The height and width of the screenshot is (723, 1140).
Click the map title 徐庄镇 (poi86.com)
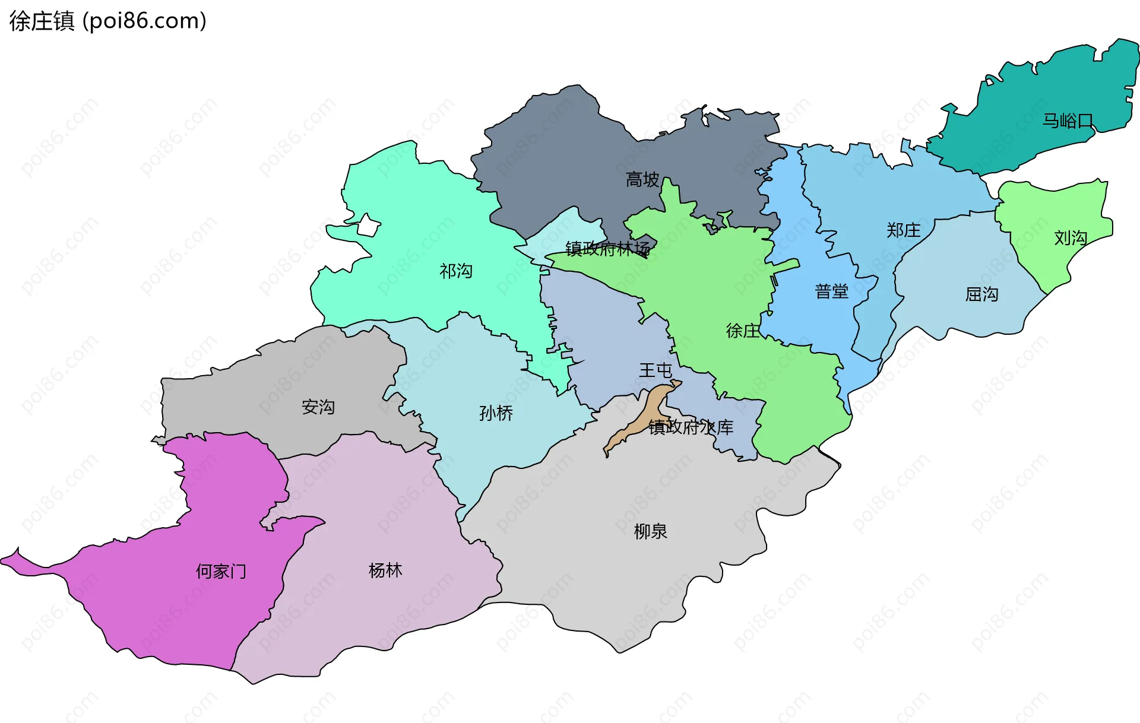tap(107, 21)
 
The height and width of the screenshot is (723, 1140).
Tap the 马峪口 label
tap(1068, 121)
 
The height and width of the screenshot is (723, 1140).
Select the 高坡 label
tap(642, 179)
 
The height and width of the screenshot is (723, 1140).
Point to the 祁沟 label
tap(456, 271)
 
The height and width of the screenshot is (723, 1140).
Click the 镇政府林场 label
tap(607, 249)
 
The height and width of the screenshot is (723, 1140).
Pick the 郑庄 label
tap(903, 230)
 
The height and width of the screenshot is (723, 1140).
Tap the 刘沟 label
tap(1071, 238)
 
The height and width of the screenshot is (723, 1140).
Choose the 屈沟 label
tap(981, 294)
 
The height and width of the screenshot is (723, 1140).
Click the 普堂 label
tap(831, 291)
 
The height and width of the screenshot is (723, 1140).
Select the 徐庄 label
tap(743, 331)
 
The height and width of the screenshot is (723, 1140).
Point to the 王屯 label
tap(655, 370)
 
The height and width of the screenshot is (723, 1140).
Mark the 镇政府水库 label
tap(691, 427)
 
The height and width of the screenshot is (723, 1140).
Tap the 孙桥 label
tap(496, 413)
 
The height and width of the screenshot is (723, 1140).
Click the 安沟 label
tap(318, 407)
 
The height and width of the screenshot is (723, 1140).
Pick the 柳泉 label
tap(651, 531)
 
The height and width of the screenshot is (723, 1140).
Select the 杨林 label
tap(385, 570)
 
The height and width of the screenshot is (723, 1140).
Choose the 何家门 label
tap(221, 572)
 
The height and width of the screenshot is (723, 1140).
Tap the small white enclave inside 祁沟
tap(368, 226)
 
